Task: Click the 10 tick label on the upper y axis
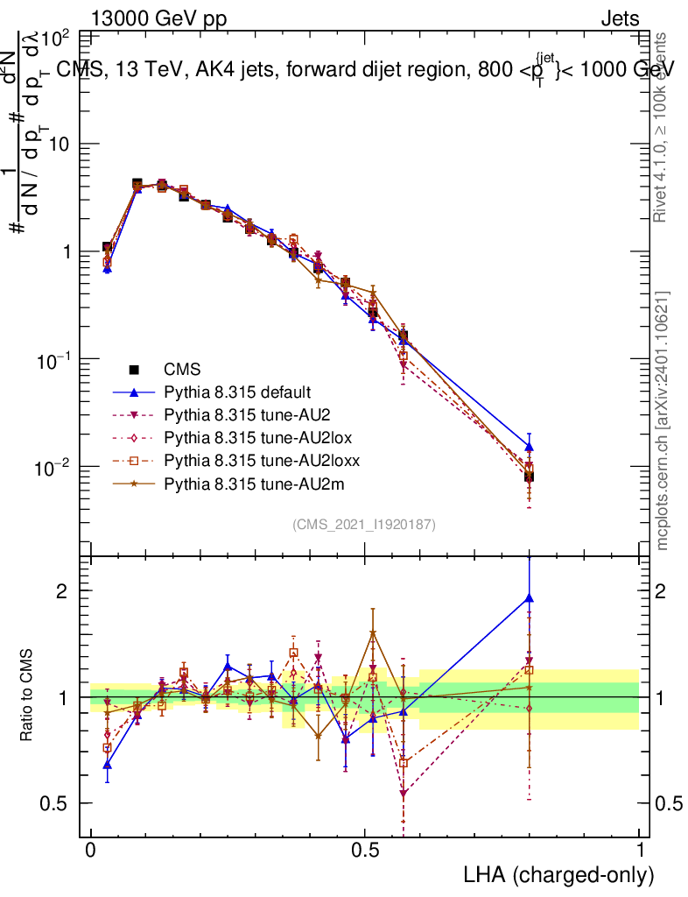pos(60,144)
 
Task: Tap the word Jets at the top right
pos(619,19)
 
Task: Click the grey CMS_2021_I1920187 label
pos(364,524)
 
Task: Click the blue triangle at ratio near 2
pos(529,598)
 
